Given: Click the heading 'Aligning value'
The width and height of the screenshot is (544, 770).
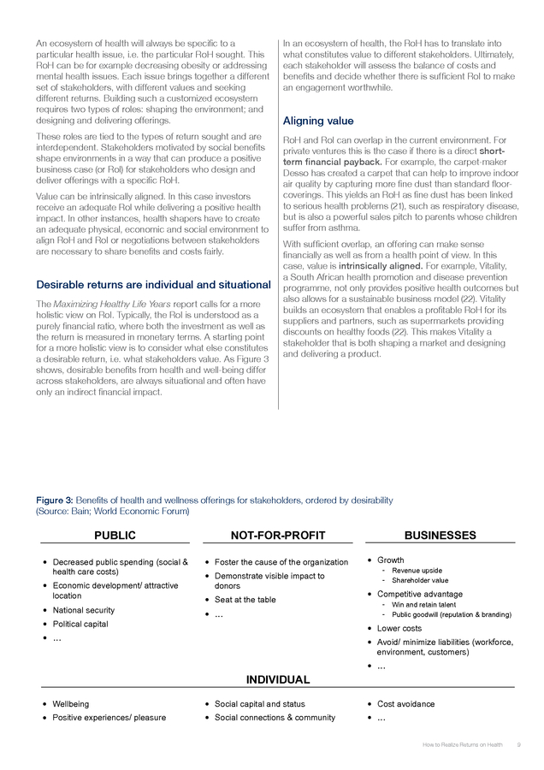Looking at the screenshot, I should click(317, 121).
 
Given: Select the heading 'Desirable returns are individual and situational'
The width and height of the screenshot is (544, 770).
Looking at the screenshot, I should click(153, 284).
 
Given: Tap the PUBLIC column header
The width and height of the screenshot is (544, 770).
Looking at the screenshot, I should click(115, 536).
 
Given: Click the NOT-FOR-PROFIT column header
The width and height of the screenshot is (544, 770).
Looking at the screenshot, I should click(278, 536).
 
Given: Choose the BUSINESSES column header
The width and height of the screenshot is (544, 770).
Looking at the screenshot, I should click(440, 536).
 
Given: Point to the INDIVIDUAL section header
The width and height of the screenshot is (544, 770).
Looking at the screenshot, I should click(278, 679).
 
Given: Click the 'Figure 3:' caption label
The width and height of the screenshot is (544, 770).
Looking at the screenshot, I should click(54, 500).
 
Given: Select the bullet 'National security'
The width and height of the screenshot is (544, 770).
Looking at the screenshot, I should click(84, 610).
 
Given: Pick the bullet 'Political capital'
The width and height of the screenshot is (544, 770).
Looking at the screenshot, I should click(80, 624).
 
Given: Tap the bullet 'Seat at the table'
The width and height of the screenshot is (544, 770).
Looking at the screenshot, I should click(245, 600).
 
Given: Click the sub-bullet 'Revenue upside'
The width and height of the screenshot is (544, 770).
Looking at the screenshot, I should click(417, 571).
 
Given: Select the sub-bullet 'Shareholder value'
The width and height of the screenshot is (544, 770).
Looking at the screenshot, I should click(421, 581).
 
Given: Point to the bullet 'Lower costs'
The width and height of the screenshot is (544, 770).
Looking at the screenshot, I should click(399, 628).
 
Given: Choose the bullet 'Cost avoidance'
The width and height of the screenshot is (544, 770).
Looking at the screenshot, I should click(406, 704).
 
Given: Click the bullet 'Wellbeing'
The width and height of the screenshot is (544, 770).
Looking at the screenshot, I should click(71, 704).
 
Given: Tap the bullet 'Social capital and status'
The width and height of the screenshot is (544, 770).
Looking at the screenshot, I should click(260, 704).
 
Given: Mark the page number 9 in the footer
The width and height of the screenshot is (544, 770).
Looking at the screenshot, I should click(519, 745).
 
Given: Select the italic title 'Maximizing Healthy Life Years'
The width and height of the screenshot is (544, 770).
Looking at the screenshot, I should click(103, 304).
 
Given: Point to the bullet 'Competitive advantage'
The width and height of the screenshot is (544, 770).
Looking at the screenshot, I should click(420, 594).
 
